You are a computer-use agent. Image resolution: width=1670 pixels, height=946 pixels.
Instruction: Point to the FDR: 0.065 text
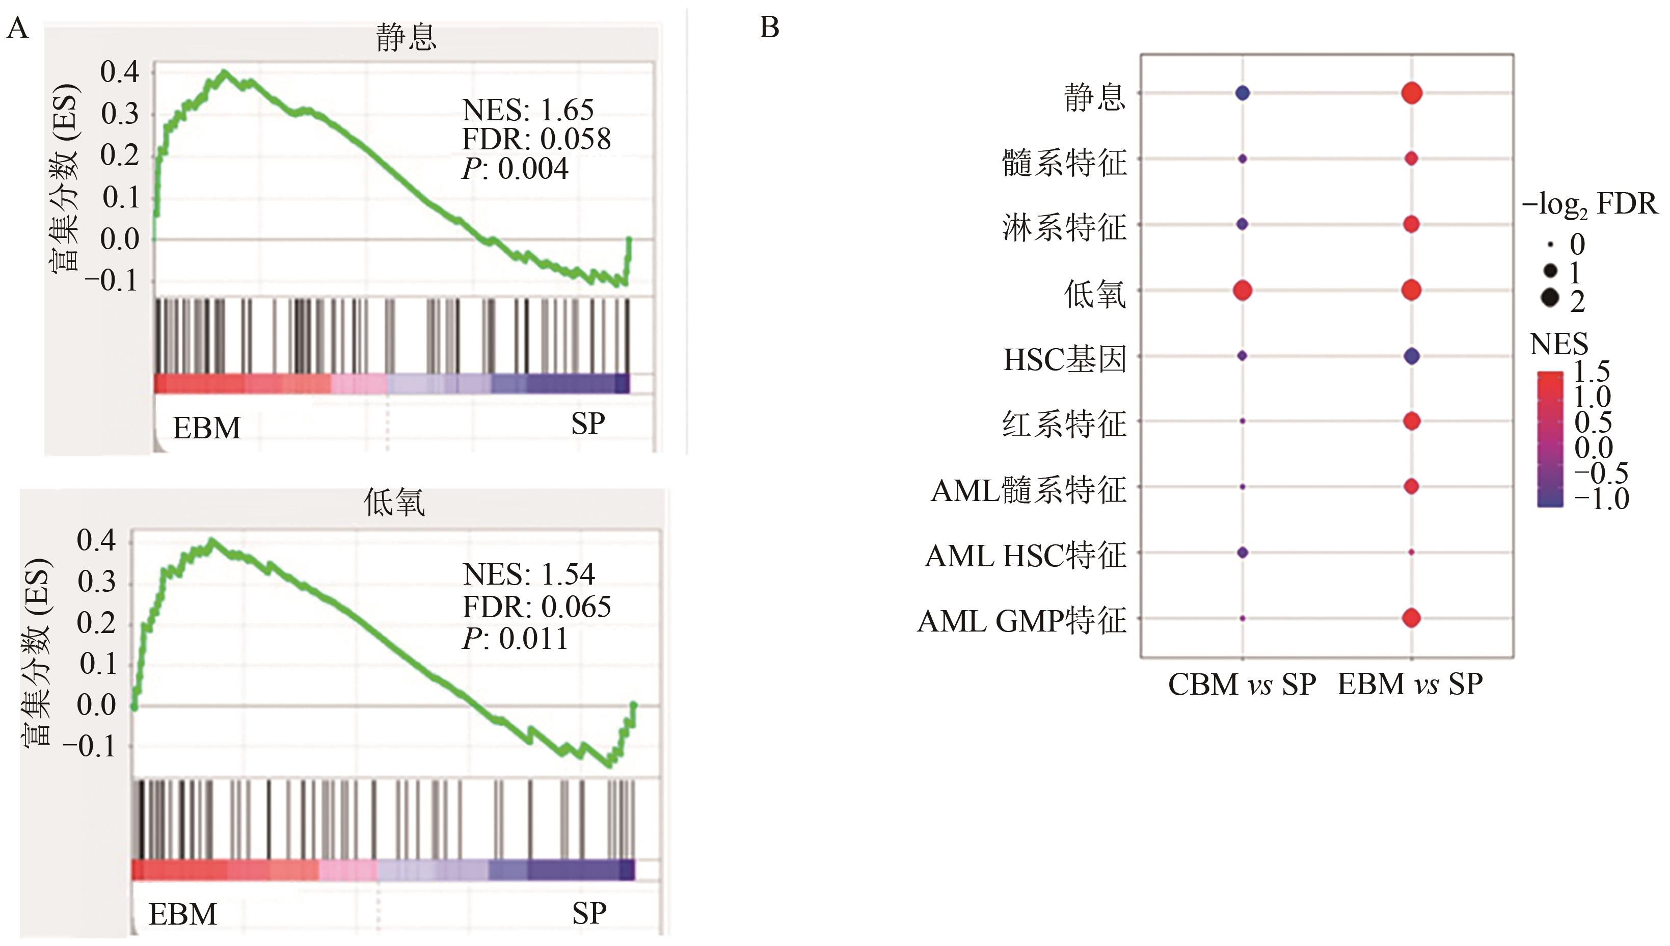click(536, 607)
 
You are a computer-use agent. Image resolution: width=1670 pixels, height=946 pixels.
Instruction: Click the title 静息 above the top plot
click(406, 38)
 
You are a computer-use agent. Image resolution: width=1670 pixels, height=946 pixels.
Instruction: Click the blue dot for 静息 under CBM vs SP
click(1242, 94)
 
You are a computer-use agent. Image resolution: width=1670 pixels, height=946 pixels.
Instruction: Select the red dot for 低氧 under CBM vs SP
click(1242, 290)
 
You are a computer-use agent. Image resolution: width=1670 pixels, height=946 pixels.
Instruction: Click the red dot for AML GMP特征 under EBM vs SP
click(1411, 618)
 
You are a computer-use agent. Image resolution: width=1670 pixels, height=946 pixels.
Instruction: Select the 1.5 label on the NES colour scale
click(1592, 372)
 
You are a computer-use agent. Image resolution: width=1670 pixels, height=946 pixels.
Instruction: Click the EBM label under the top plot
click(206, 428)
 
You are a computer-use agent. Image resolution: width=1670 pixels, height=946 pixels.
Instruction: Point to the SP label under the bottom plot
click(589, 913)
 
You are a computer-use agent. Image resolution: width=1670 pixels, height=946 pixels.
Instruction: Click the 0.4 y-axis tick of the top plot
click(120, 72)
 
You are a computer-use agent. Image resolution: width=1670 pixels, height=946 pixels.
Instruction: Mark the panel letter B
click(769, 28)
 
